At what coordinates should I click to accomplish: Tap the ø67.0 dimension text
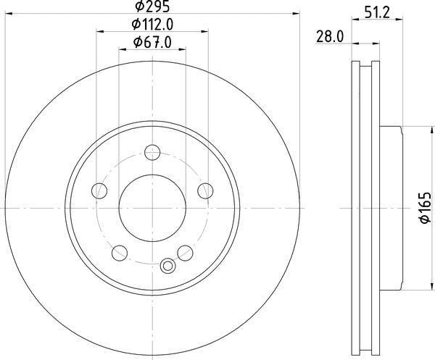[152, 43]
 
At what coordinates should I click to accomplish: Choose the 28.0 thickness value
[331, 36]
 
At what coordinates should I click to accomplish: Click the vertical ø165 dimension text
[424, 209]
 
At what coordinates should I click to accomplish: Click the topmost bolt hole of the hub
[152, 152]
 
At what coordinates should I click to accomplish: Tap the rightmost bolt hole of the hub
[205, 191]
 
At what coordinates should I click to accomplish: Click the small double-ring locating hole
[169, 265]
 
